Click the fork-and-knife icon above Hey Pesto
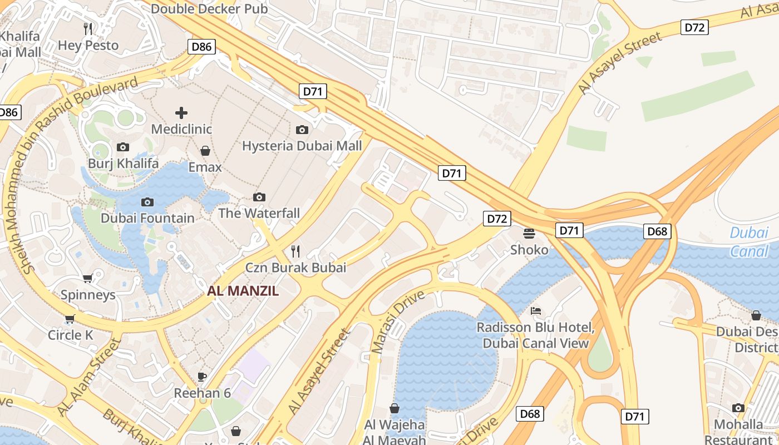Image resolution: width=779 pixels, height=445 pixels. tap(88, 28)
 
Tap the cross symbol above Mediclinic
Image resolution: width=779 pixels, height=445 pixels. tap(181, 113)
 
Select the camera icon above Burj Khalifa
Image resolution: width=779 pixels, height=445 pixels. tap(123, 147)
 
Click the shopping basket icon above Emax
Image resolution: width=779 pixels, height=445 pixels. tap(205, 151)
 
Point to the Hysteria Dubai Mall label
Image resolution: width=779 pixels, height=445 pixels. tap(302, 146)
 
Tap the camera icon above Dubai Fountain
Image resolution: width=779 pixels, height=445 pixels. tap(147, 202)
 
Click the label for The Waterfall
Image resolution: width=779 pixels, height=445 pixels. tap(259, 213)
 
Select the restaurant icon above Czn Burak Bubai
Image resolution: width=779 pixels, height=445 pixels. tap(295, 251)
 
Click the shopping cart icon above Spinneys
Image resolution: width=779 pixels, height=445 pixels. tap(87, 278)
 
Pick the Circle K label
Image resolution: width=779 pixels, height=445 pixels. tap(71, 335)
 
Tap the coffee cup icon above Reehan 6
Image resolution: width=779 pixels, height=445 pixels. tap(202, 377)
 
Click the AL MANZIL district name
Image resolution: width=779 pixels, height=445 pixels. tap(243, 290)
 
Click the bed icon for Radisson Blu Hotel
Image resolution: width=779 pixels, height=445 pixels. tap(536, 310)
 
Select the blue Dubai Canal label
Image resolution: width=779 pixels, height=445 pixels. tap(749, 242)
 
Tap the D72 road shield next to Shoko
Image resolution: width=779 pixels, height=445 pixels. tap(496, 219)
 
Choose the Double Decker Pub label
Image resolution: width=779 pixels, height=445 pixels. tap(209, 9)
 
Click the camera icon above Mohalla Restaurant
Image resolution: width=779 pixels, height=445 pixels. tap(738, 408)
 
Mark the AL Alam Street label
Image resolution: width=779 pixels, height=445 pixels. tap(89, 377)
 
